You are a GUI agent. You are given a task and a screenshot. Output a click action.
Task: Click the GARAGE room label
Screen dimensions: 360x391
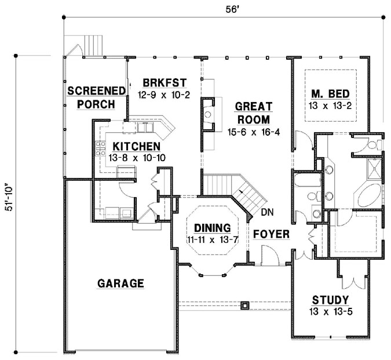pos(120,283)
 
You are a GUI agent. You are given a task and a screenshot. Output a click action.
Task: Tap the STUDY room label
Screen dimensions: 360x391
pos(330,300)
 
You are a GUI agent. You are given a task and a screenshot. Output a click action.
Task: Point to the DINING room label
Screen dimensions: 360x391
pos(212,228)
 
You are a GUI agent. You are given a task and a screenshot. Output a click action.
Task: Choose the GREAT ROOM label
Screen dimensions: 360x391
pos(253,113)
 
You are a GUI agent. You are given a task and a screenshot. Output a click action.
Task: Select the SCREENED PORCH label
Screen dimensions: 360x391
pos(96,97)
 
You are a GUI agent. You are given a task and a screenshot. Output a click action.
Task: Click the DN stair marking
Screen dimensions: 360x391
pos(267,212)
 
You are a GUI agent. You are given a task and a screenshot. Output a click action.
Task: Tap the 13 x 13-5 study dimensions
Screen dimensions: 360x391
pos(330,311)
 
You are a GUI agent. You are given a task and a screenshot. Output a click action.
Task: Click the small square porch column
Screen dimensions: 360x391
pos(244,304)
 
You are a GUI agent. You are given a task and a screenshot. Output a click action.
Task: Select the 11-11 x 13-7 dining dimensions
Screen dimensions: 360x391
pos(212,239)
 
